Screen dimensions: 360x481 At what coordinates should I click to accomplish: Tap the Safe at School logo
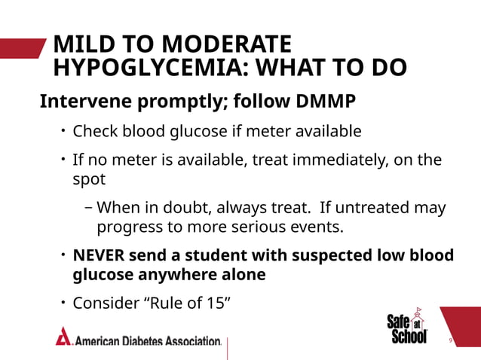point(408,327)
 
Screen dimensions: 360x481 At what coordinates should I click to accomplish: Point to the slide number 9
point(450,341)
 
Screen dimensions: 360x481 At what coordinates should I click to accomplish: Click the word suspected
point(298,255)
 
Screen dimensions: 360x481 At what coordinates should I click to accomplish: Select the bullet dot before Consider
point(63,304)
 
